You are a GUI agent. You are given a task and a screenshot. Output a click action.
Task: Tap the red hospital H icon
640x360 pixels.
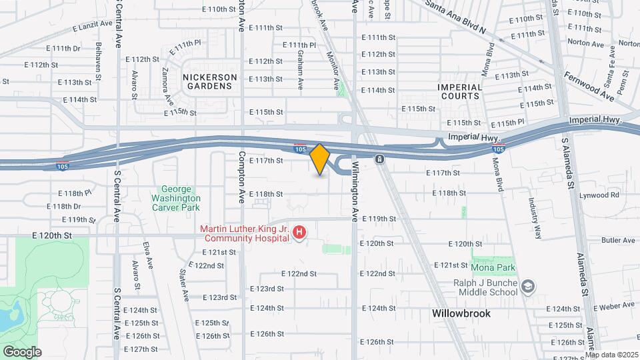point(300,233)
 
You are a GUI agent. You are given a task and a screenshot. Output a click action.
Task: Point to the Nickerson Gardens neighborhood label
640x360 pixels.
point(210,81)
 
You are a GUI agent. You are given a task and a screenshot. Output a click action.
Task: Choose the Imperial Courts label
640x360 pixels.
point(459,91)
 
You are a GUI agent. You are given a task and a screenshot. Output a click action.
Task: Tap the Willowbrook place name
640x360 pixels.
point(461,313)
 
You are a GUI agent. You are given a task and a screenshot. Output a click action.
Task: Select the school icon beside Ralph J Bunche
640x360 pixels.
point(529,286)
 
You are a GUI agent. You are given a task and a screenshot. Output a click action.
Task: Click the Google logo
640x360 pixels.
point(21,351)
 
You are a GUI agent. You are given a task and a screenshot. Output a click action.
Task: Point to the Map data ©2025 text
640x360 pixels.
point(611,354)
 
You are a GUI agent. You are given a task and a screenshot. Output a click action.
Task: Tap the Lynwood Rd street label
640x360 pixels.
point(600,195)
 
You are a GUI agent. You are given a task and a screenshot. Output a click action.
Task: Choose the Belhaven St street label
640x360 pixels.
point(98,61)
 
